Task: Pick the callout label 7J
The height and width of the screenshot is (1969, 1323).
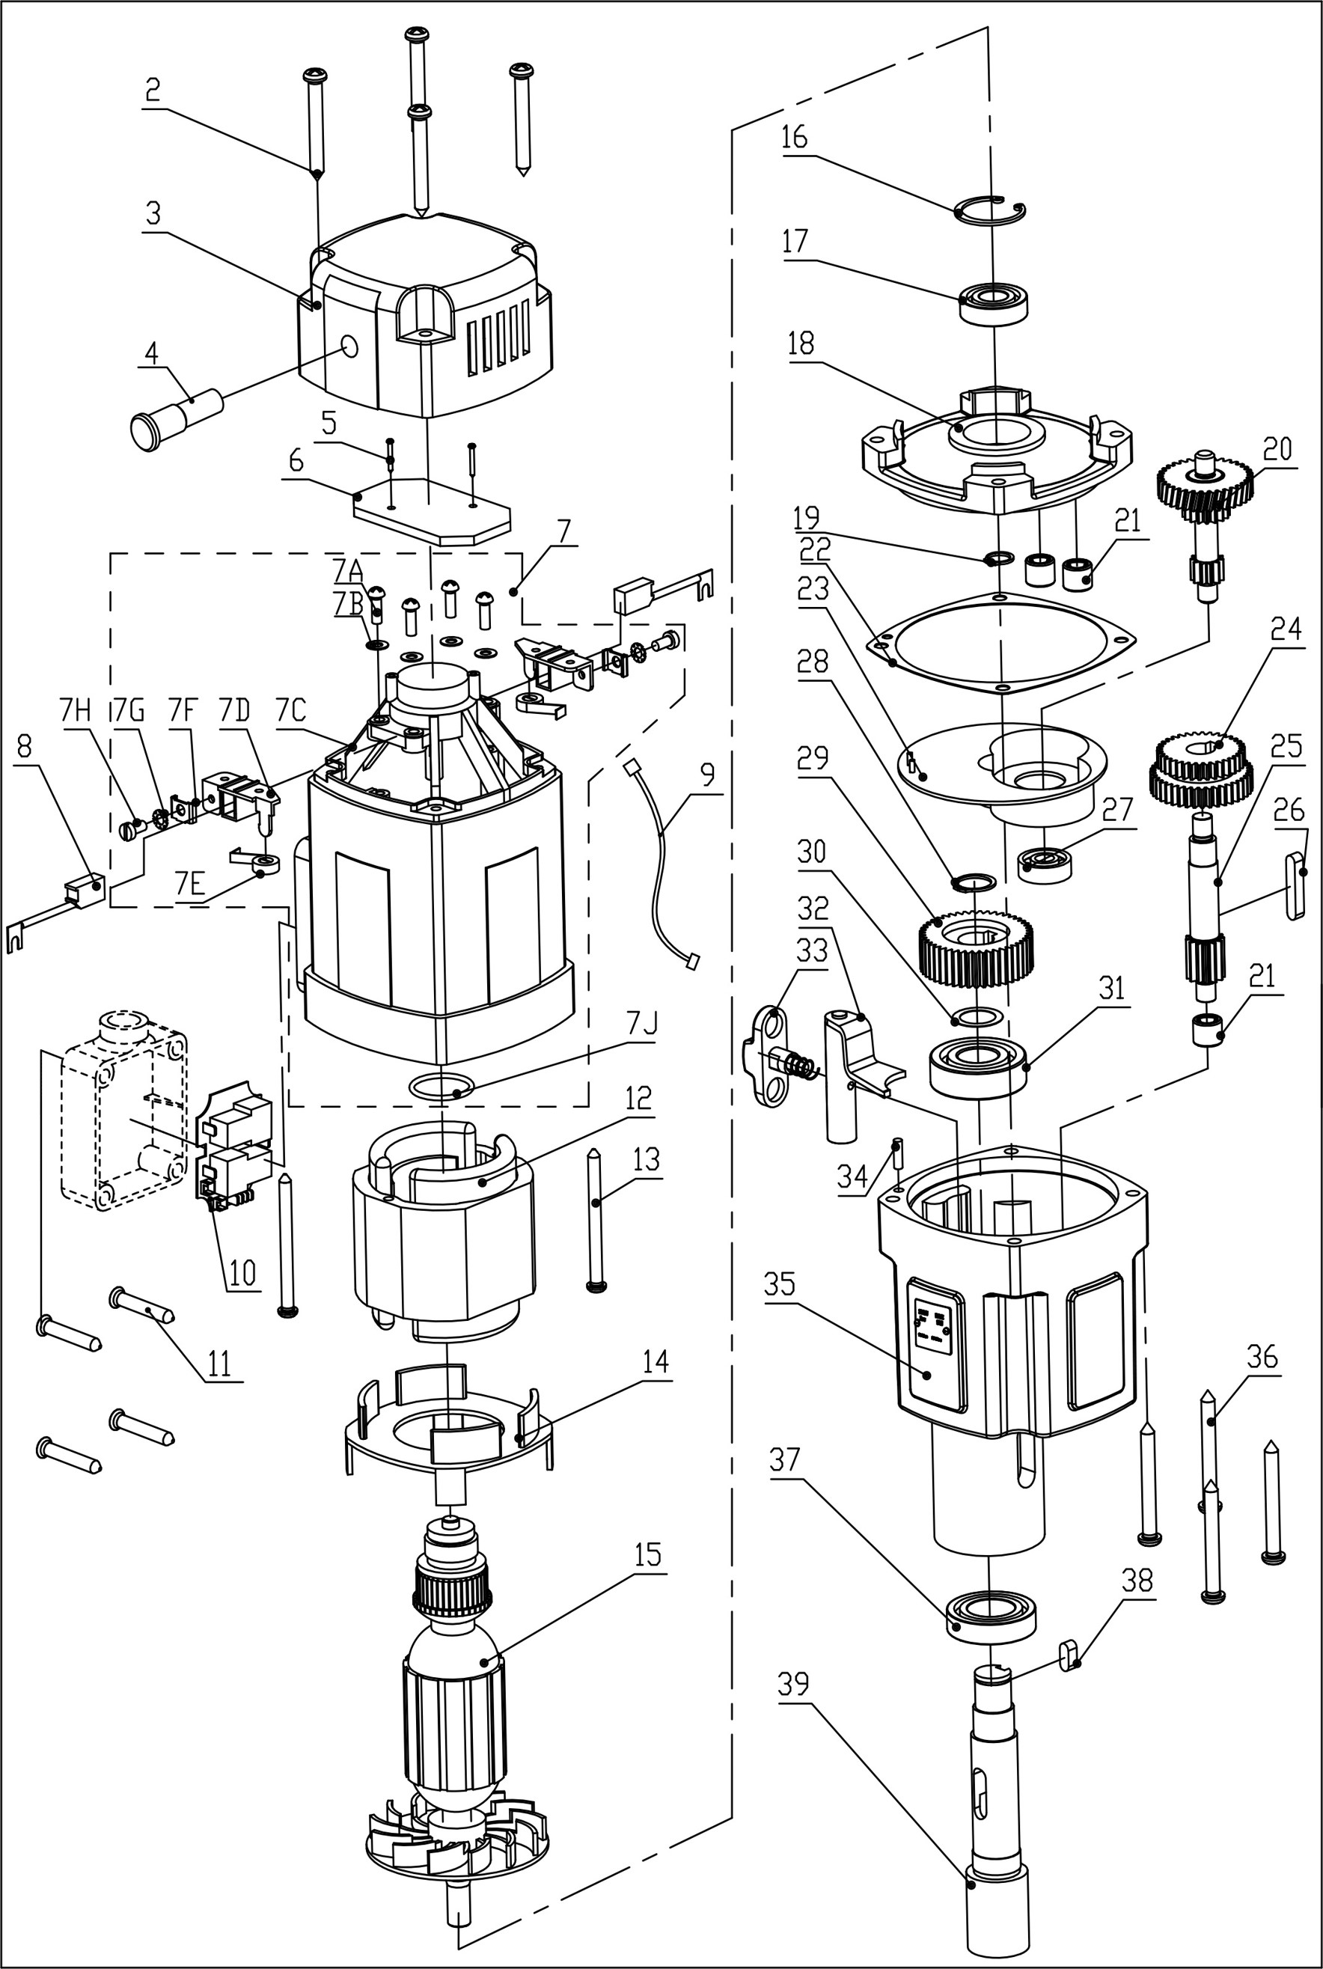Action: coord(641,1023)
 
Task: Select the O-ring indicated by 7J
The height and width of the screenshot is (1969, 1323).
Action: coord(441,1087)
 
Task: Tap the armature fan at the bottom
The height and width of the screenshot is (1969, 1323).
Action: coord(456,1848)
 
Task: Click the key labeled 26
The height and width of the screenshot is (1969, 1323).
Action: coord(1295,886)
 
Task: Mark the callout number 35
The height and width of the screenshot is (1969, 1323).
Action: coord(779,1284)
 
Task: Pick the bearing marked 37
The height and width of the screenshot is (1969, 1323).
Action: coord(992,1617)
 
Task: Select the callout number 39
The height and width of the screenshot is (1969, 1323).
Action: coord(792,1684)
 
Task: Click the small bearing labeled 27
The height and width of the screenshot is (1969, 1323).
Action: coord(1045,864)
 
